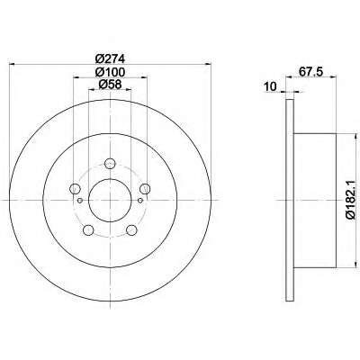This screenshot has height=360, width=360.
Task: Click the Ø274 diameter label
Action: pyautogui.click(x=110, y=58)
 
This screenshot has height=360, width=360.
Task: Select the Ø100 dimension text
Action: pyautogui.click(x=110, y=72)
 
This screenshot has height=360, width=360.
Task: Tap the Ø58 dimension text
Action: pyautogui.click(x=110, y=85)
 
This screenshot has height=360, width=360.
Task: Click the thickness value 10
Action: pyautogui.click(x=270, y=87)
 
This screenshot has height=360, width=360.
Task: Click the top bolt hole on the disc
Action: pyautogui.click(x=110, y=164)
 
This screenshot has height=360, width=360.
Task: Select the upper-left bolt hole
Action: pyautogui.click(x=75, y=189)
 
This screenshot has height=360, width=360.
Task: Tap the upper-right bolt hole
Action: pyautogui.click(x=145, y=189)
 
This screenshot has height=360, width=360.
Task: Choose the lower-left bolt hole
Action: pyautogui.click(x=88, y=230)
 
